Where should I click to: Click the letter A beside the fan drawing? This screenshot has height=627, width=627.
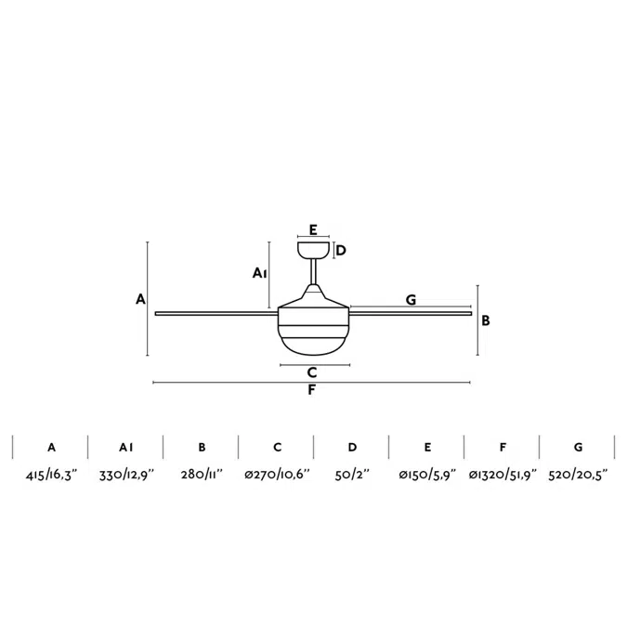140,299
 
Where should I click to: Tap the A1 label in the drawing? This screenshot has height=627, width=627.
260,273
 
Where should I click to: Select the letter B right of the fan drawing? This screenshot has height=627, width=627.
486,320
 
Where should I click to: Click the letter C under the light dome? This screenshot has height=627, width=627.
313,372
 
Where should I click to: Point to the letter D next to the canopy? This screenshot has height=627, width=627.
341,250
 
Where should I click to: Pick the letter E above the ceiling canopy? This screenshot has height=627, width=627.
313,229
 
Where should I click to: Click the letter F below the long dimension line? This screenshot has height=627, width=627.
312,390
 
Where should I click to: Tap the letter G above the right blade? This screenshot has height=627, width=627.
410,299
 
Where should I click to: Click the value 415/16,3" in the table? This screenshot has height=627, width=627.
51,475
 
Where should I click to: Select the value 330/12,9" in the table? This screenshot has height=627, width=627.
126,475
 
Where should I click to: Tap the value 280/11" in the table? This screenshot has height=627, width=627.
202,475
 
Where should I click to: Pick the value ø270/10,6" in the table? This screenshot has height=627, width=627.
277,475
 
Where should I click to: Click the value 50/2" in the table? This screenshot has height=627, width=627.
352,475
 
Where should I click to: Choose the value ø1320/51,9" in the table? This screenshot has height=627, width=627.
503,475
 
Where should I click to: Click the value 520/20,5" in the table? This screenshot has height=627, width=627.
578,475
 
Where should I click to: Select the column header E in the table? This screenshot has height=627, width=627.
427,447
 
